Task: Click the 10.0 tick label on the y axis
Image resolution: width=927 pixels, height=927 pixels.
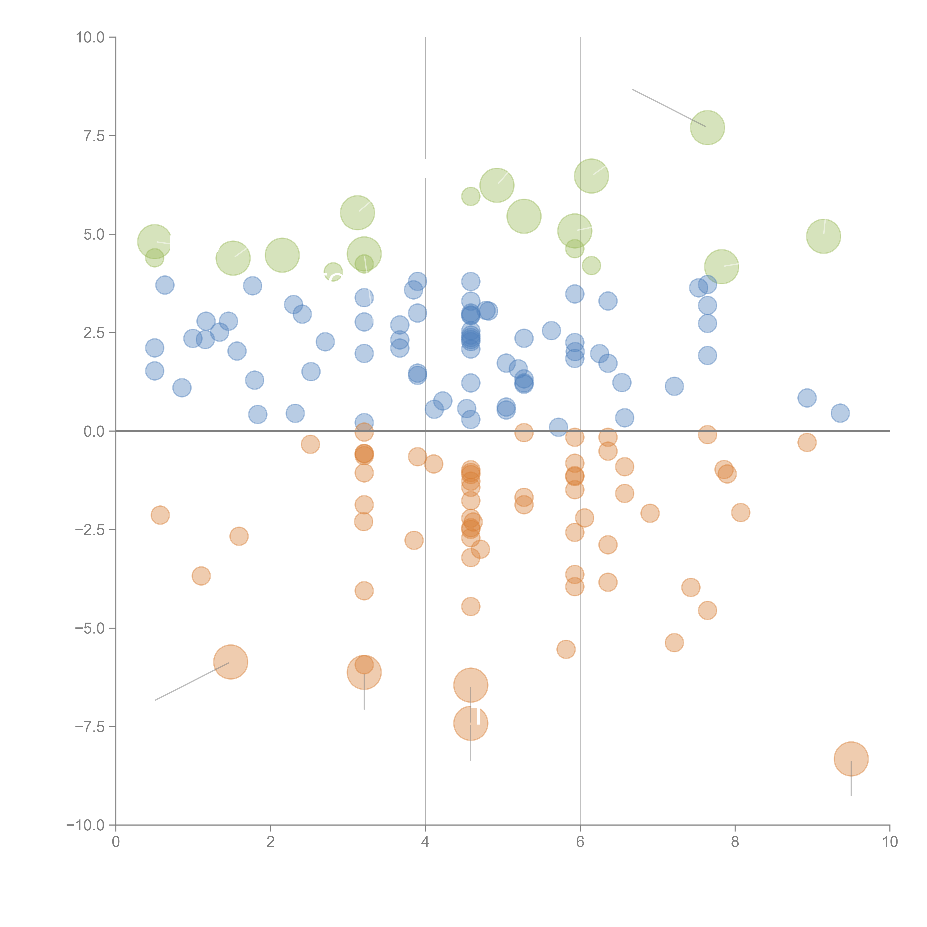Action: pyautogui.click(x=90, y=37)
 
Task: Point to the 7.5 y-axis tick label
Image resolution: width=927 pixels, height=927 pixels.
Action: pyautogui.click(x=94, y=136)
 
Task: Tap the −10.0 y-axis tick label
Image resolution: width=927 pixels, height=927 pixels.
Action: pyautogui.click(x=85, y=825)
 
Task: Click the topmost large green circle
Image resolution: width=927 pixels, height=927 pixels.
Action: pyautogui.click(x=707, y=128)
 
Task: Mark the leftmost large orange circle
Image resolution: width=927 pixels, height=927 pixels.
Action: pyautogui.click(x=230, y=662)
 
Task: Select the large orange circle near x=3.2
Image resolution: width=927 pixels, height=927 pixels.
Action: pyautogui.click(x=364, y=672)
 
